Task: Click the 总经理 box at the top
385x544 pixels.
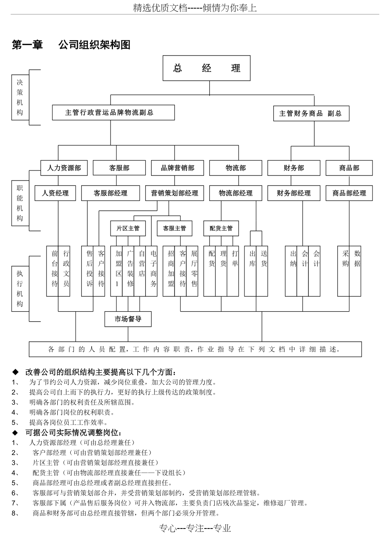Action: [x=206, y=69]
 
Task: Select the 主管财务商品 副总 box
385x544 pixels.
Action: [x=311, y=113]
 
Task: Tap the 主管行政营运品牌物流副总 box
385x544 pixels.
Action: [x=113, y=112]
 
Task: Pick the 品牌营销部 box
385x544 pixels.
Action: [x=177, y=168]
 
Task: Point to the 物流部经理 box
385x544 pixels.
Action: [x=236, y=193]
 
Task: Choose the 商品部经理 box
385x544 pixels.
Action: [x=349, y=193]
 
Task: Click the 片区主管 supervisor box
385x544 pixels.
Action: [x=128, y=228]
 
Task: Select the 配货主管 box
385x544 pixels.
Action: [x=221, y=228]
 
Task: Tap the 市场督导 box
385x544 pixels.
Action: [x=128, y=319]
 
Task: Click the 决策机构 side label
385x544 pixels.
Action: [x=20, y=97]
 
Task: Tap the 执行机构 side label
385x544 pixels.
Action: [x=20, y=288]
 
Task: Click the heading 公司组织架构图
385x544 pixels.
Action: [x=95, y=45]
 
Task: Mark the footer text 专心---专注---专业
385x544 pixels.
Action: [x=195, y=529]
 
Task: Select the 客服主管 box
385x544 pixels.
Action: [x=175, y=228]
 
